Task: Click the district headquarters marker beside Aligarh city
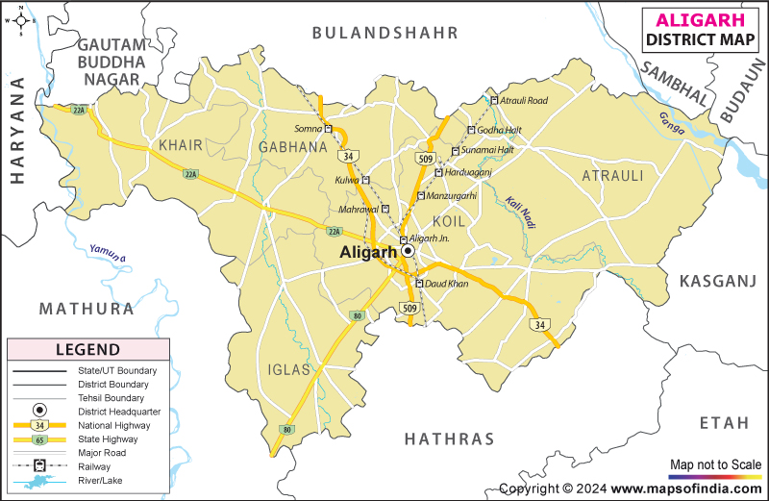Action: (x=408, y=250)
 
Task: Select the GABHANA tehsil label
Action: (x=292, y=147)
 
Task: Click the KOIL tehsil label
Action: (x=449, y=221)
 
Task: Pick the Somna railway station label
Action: (x=309, y=129)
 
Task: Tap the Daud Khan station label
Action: (x=447, y=284)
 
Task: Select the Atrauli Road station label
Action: (x=524, y=100)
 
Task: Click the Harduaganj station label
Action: (x=471, y=173)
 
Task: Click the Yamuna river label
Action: (x=108, y=253)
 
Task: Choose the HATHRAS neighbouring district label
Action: (x=449, y=439)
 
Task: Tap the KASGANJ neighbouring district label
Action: (x=719, y=281)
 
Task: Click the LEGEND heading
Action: (x=87, y=350)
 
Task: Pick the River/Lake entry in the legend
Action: (x=100, y=480)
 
